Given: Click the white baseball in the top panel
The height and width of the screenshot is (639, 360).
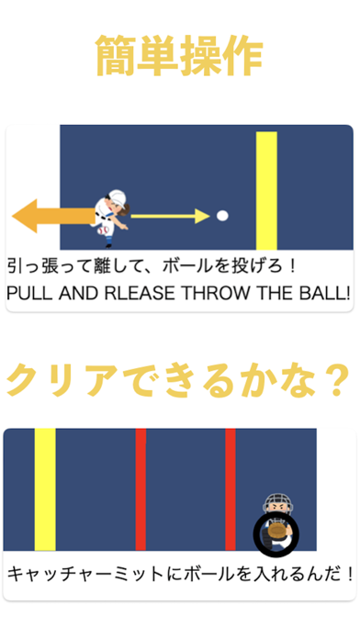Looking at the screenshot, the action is (222, 216).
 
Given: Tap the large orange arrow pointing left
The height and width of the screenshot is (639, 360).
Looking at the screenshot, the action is (53, 216).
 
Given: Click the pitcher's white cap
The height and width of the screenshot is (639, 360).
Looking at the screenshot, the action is (118, 196).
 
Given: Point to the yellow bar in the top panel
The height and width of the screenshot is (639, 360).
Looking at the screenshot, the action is (266, 190).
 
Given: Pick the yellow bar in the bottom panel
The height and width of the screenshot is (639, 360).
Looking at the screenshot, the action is (45, 489).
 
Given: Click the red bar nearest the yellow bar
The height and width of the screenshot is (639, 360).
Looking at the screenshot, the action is (141, 489).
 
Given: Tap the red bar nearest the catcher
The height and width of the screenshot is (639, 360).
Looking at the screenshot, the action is (231, 489).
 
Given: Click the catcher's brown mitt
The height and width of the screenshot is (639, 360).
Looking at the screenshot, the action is (276, 531).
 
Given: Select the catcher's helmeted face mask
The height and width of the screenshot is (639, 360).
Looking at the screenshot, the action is (278, 504).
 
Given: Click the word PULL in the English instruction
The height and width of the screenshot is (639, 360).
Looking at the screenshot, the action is (29, 293).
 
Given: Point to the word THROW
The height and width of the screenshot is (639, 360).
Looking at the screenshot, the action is (215, 293).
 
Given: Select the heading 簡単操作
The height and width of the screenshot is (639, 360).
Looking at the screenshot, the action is (179, 55).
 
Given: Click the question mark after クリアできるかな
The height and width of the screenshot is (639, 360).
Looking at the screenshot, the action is (336, 381).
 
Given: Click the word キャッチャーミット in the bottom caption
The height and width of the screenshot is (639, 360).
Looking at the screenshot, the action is (85, 574).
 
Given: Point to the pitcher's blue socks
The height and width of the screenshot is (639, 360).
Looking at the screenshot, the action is (108, 241).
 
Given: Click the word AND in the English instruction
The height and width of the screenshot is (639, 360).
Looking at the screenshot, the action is (79, 293).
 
